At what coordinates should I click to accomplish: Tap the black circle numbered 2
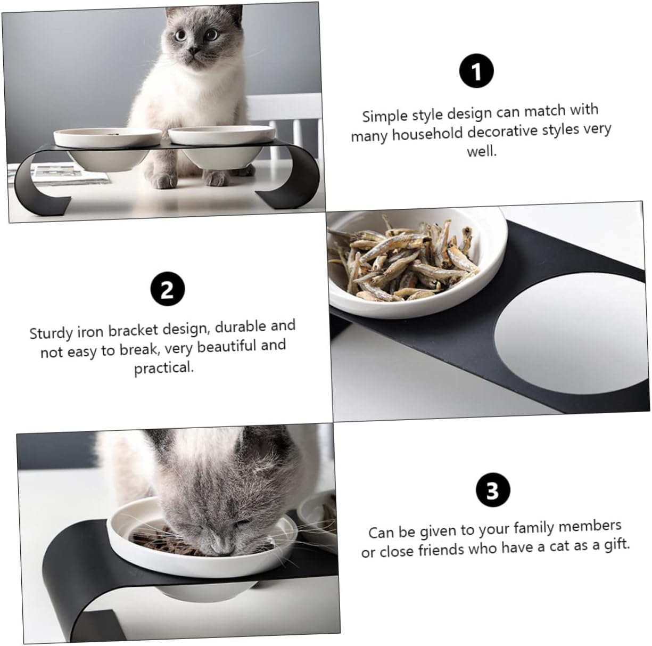(x=167, y=290)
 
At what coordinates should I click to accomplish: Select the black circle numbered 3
(x=492, y=490)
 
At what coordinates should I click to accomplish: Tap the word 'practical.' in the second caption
(x=164, y=367)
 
